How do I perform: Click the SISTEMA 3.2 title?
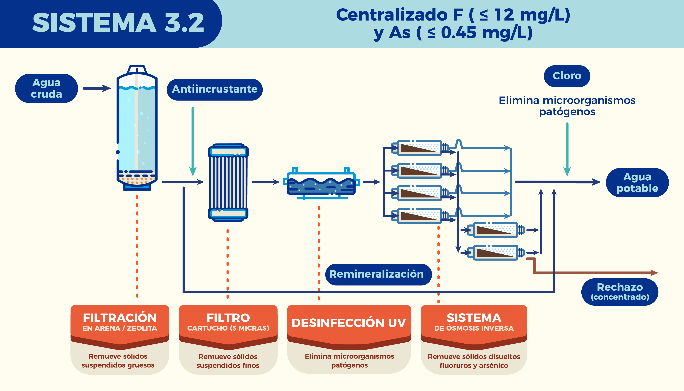118,23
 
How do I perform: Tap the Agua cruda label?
46,88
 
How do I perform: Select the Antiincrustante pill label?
215,89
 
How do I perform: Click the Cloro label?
567,76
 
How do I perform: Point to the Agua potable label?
637,183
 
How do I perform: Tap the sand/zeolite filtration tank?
137,129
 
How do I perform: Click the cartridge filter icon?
228,183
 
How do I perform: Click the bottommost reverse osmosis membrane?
495,252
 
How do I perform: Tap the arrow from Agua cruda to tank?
97,88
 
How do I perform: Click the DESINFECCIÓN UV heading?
349,323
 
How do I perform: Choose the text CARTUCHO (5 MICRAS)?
228,328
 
